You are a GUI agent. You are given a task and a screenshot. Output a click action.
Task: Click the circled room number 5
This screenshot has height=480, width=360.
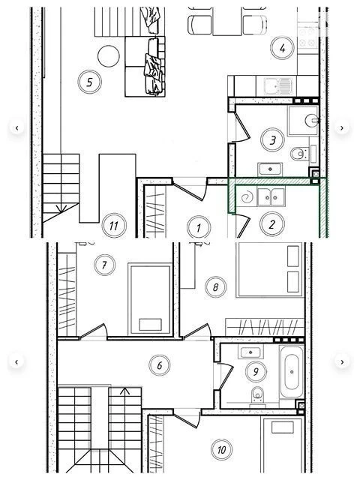[89, 82]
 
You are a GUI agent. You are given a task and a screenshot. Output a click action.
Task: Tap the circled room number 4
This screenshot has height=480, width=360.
[282, 48]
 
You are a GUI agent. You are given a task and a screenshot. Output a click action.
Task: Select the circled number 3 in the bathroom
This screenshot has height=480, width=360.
[272, 140]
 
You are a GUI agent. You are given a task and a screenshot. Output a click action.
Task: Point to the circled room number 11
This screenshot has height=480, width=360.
[114, 226]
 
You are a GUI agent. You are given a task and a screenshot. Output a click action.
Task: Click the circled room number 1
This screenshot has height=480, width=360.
[199, 227]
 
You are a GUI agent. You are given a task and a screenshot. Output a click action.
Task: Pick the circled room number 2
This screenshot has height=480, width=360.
[271, 224]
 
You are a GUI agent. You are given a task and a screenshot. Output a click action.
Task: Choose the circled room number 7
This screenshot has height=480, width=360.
[105, 265]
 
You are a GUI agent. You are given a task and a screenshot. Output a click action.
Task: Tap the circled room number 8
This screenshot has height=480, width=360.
[215, 287]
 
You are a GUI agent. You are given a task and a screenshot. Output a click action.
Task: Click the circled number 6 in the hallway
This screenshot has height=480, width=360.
[160, 365]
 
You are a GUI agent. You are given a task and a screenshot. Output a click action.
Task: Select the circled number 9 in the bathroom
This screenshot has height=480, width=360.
[256, 371]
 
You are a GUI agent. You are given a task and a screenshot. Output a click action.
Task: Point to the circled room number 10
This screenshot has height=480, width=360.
[222, 449]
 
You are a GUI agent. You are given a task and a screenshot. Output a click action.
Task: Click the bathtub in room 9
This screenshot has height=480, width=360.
[292, 372]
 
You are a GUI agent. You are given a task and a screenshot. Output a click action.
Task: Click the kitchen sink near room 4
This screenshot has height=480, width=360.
[278, 86]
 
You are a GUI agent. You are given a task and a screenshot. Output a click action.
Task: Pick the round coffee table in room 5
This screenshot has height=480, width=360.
[108, 56]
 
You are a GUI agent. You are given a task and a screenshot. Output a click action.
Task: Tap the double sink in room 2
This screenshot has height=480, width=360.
[271, 196]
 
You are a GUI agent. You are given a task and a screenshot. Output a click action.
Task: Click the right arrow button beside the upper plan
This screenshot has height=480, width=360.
[342, 128]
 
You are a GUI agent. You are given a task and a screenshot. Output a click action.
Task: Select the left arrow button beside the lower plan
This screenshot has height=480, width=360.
[16, 362]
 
